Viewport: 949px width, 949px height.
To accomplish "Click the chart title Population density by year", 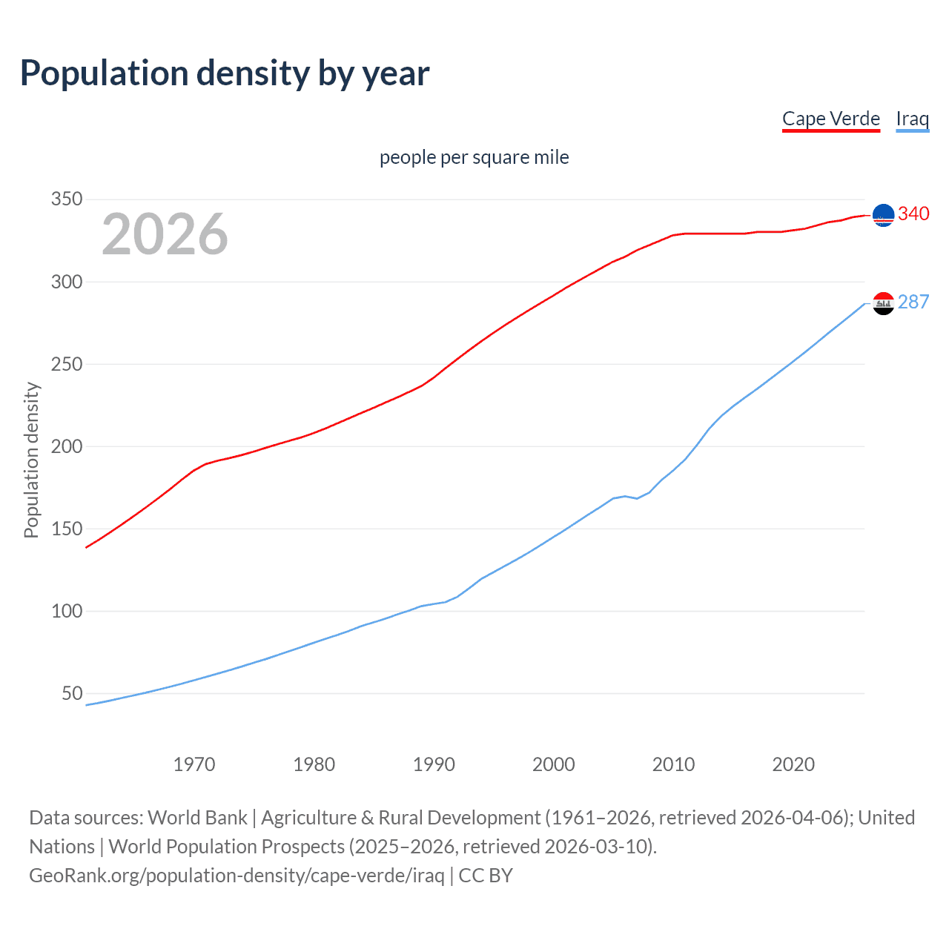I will point(225,73).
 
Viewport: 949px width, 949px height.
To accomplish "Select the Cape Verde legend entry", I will point(830,119).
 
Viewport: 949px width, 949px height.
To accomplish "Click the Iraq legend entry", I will point(912,119).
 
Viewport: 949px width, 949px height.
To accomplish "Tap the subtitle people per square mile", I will point(474,157).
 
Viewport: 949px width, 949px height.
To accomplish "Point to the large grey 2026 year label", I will point(165,234).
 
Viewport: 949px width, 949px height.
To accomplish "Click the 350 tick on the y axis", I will point(66,199).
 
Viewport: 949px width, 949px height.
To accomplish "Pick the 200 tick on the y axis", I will point(66,446).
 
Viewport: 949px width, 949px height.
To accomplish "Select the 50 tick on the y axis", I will point(72,693).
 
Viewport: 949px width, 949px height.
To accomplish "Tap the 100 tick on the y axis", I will point(66,611).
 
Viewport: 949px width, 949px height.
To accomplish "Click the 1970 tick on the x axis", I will point(194,764).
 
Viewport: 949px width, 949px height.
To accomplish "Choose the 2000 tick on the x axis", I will point(554,764).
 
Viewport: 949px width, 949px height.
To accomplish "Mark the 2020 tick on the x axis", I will point(793,764).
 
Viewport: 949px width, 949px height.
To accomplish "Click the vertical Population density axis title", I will point(31,460).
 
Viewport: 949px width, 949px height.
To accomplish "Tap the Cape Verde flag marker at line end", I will point(883,215).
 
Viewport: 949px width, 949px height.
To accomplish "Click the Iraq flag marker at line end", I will point(883,302).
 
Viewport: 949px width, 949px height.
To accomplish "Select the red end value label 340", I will point(913,214).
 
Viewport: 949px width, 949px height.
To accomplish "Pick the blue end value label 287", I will point(913,302).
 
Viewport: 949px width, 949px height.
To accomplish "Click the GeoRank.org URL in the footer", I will point(237,876).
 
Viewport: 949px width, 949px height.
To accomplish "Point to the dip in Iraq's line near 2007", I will point(637,498).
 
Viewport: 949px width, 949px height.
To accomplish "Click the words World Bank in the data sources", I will point(197,818).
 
